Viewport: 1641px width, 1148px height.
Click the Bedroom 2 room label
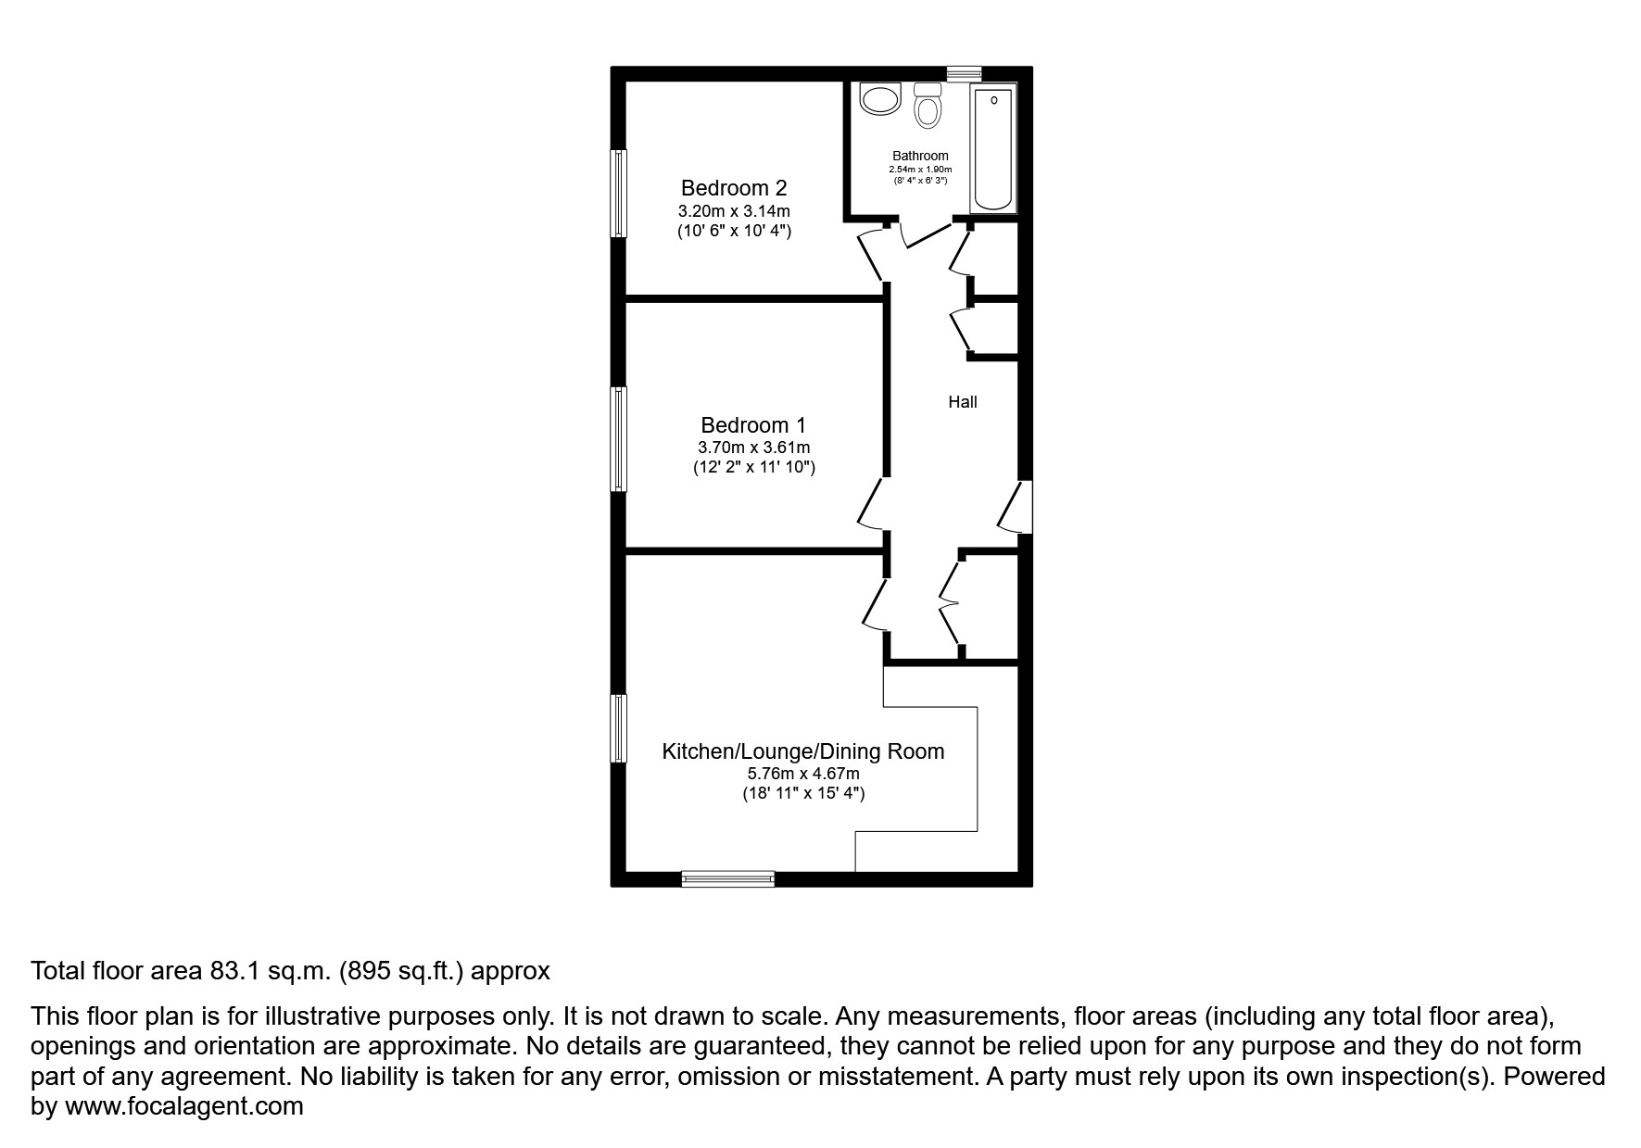pos(734,188)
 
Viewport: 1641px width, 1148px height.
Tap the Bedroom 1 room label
pos(753,425)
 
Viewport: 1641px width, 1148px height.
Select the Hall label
pos(962,402)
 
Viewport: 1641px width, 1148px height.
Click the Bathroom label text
pos(920,156)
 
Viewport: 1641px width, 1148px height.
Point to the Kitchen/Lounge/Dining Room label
pos(802,751)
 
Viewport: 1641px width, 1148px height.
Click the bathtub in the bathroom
pos(993,148)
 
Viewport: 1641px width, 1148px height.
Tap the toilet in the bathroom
pos(927,107)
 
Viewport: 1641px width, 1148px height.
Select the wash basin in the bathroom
pos(880,98)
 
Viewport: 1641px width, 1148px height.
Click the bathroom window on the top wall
pos(964,72)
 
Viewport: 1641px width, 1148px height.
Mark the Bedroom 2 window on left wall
pos(618,193)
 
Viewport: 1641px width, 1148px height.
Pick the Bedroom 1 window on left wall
pos(618,438)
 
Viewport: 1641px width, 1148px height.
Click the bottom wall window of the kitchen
pos(727,878)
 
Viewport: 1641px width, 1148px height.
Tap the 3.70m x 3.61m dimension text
pos(753,448)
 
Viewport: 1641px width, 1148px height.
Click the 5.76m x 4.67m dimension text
pos(802,774)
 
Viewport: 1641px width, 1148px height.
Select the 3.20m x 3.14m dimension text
pos(734,211)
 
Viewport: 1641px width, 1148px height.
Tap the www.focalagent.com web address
pos(183,1106)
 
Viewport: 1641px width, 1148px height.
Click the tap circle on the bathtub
pos(993,99)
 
